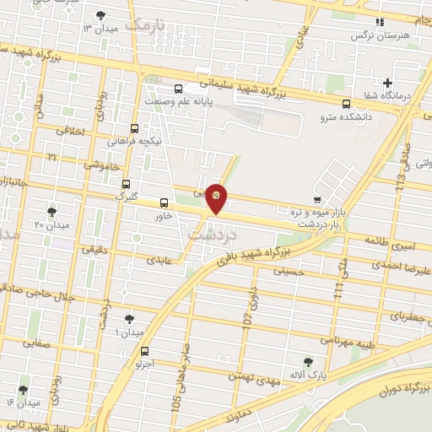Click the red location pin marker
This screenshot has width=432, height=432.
point(217,197)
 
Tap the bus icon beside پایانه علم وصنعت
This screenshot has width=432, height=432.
point(178,89)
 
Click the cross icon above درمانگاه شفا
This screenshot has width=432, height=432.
point(387,83)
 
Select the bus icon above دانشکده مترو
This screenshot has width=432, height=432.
point(347,104)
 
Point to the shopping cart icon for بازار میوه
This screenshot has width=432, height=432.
point(316,199)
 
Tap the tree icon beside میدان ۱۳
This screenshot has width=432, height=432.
point(101,15)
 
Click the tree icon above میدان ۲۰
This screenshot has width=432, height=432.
point(52,211)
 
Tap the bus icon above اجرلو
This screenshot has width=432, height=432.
point(145,351)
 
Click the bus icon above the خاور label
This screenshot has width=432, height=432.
point(164,202)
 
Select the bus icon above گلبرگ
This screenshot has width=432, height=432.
point(126,184)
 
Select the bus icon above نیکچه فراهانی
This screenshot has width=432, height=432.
point(134,129)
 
